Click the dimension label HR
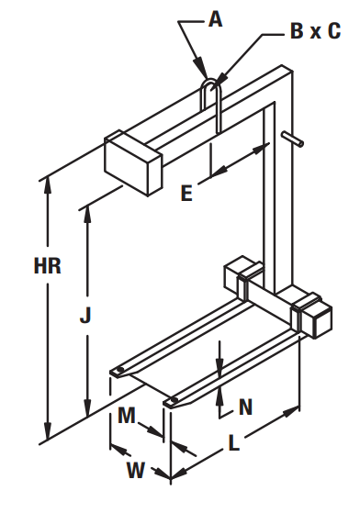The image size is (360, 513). pyautogui.click(x=48, y=265)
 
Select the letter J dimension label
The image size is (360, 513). pyautogui.click(x=85, y=316)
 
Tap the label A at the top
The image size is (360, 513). pyautogui.click(x=216, y=19)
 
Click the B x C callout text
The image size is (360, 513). pyautogui.click(x=316, y=31)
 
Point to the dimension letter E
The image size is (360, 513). pyautogui.click(x=186, y=193)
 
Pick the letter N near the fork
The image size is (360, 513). pyautogui.click(x=246, y=407)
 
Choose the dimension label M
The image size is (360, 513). pyautogui.click(x=127, y=415)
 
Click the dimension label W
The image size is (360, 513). pyautogui.click(x=136, y=471)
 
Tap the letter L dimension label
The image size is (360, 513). pyautogui.click(x=233, y=443)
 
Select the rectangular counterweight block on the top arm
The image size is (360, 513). pyautogui.click(x=133, y=162)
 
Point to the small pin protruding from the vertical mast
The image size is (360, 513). pyautogui.click(x=293, y=139)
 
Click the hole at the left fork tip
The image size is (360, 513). pyautogui.click(x=120, y=370)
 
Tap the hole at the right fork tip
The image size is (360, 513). pyautogui.click(x=174, y=400)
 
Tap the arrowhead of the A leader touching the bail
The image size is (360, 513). pyautogui.click(x=202, y=68)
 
